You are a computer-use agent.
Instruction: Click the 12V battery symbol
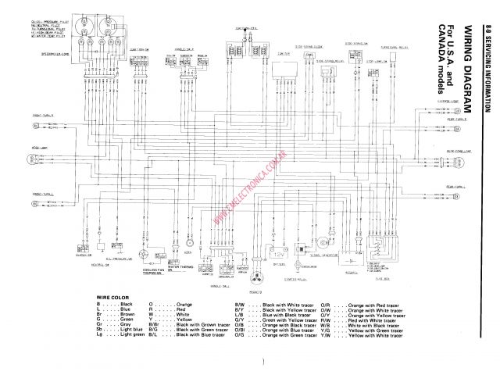click(279, 254)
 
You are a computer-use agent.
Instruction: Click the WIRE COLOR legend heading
click(110, 297)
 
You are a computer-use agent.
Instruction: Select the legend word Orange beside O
click(184, 303)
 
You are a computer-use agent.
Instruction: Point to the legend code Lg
click(100, 334)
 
